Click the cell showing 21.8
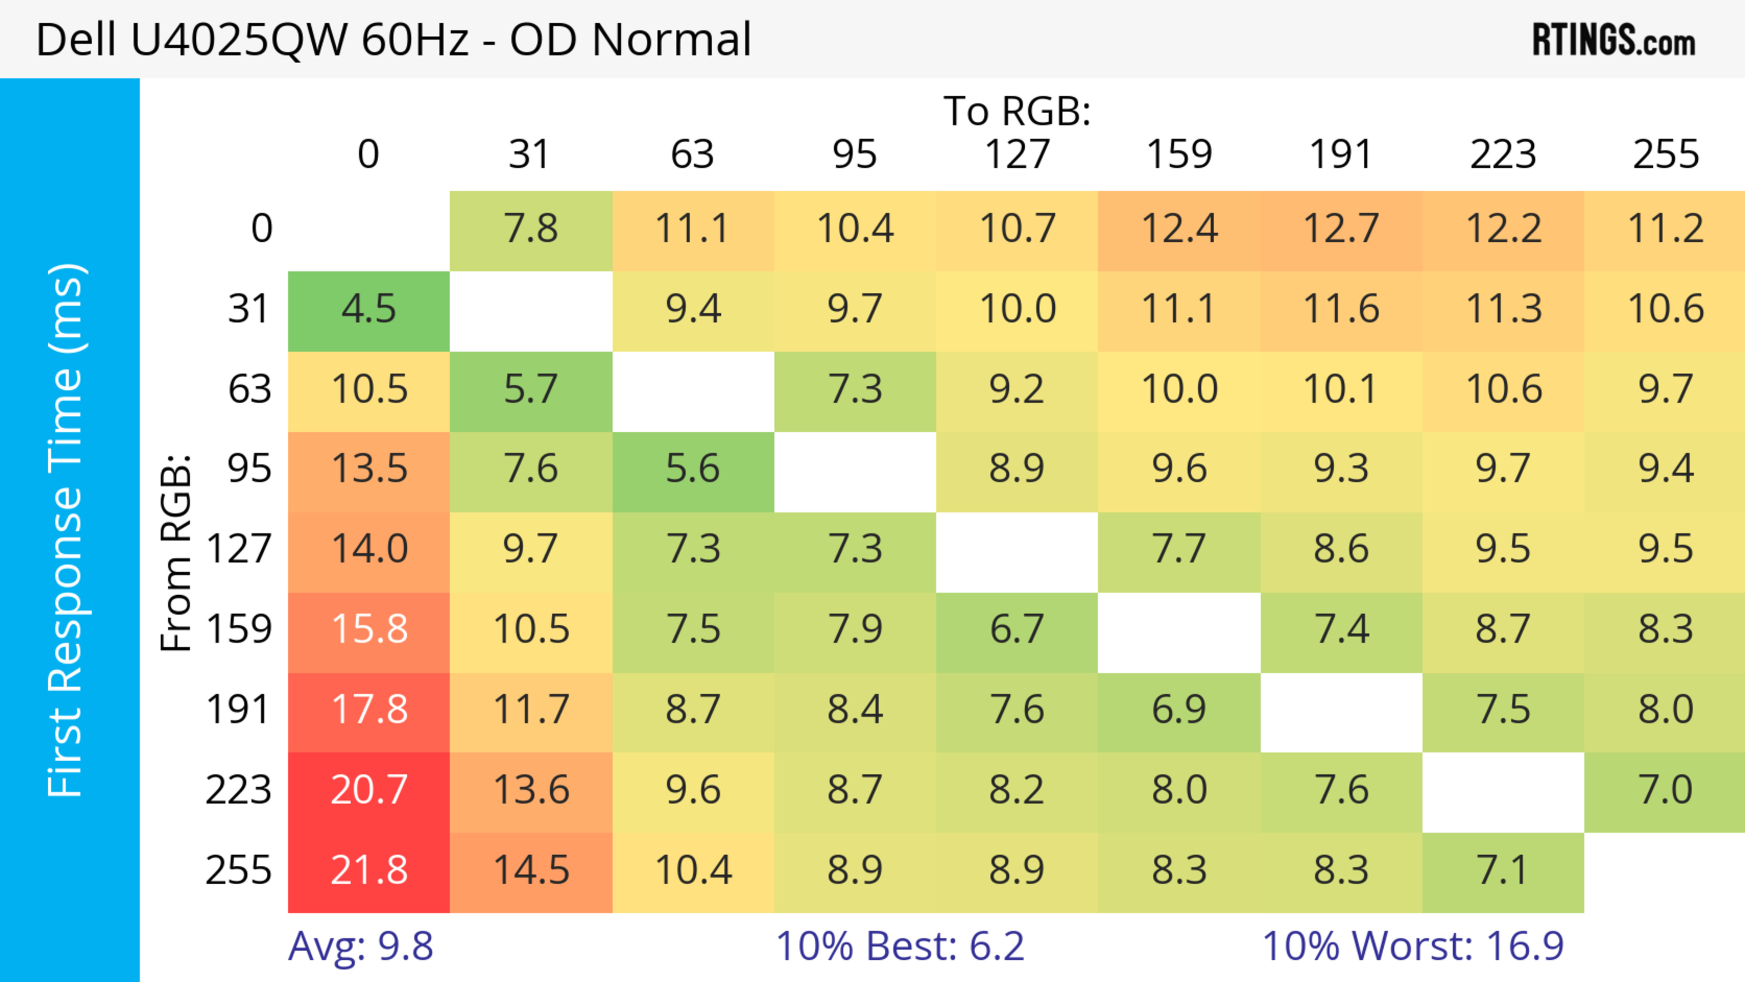point(369,872)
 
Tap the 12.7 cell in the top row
point(1341,229)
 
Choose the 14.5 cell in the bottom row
point(531,872)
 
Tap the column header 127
point(1017,155)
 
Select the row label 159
point(239,630)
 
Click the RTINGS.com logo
point(1614,40)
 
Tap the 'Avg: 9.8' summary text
point(360,946)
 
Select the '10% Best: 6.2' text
point(900,946)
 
